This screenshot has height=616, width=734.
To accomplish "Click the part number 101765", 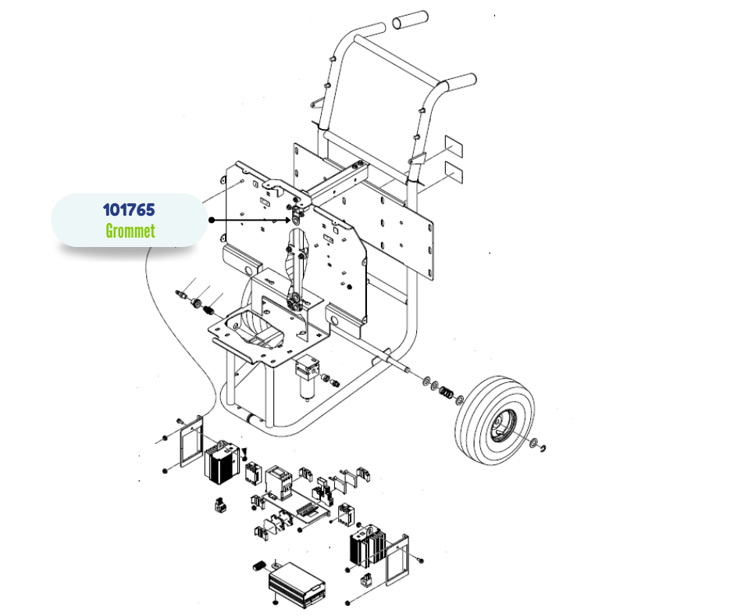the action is click(x=129, y=210).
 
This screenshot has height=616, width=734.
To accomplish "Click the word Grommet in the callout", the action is click(x=130, y=231).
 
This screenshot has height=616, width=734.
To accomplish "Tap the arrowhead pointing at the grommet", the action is click(x=288, y=220).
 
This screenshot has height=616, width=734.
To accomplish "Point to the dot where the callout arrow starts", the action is click(x=212, y=220).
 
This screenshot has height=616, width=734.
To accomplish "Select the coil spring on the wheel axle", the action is click(x=446, y=392).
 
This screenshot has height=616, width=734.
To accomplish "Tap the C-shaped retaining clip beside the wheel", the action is click(x=543, y=449).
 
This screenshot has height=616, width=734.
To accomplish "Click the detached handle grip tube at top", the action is click(x=410, y=20).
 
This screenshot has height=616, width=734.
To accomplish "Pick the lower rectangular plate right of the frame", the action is click(x=454, y=171).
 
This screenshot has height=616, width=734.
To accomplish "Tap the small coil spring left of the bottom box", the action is click(x=259, y=565).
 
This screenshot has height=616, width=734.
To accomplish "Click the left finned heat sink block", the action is click(x=222, y=463).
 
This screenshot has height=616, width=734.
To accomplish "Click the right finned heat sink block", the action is click(x=368, y=547).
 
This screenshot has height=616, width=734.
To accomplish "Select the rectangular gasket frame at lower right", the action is click(x=397, y=560).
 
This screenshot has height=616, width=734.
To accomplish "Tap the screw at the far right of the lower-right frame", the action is click(x=420, y=560).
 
